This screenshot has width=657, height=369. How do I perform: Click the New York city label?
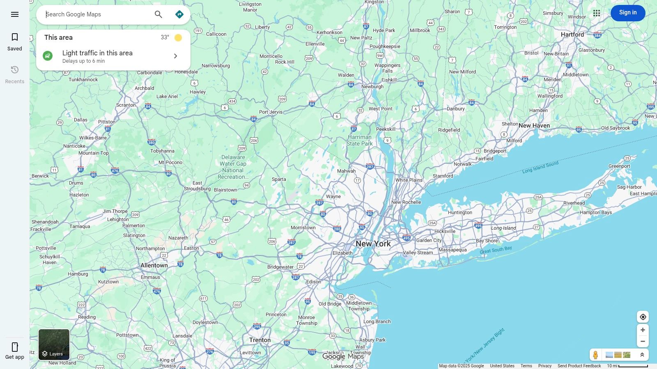(373, 244)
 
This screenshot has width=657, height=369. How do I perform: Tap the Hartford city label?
(572, 34)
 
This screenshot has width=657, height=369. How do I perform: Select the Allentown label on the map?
(154, 265)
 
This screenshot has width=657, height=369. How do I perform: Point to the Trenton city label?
(260, 340)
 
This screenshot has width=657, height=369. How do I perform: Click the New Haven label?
(534, 125)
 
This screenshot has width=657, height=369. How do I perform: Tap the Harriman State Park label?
(359, 140)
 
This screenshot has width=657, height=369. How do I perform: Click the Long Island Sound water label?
(540, 167)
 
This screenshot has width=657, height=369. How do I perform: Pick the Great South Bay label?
(496, 250)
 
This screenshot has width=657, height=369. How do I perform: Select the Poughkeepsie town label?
(385, 46)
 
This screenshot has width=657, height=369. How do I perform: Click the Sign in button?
(627, 13)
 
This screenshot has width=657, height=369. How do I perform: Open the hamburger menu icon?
(15, 14)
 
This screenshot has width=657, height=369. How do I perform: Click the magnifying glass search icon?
(159, 14)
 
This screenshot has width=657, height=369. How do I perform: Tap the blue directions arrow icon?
(179, 14)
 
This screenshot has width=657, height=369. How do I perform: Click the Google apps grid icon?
(597, 13)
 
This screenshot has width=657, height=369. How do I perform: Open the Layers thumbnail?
(54, 344)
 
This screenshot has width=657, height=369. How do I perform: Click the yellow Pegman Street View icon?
(595, 355)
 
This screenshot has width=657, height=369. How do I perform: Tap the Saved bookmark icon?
(15, 37)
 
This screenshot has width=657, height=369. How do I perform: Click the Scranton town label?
(126, 105)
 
